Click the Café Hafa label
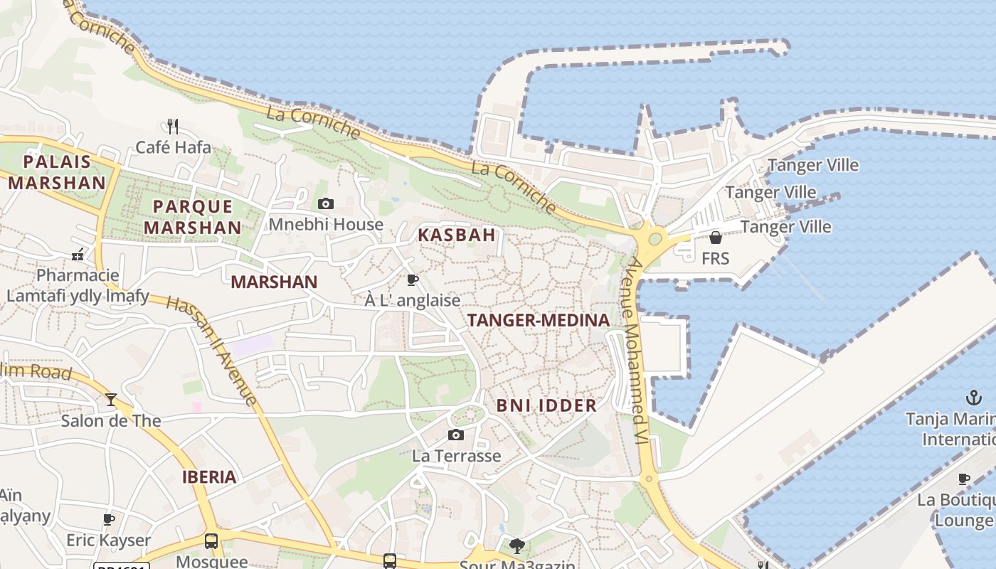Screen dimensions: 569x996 pyautogui.click(x=173, y=147)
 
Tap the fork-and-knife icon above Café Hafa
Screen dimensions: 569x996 pyautogui.click(x=173, y=127)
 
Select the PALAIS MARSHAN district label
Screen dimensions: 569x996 pyautogui.click(x=57, y=172)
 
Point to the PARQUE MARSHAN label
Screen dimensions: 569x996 pyautogui.click(x=193, y=217)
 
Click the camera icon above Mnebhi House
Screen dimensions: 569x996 pyautogui.click(x=326, y=204)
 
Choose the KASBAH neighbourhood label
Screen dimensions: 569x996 pyautogui.click(x=456, y=235)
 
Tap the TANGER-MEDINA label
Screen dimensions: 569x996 pyautogui.click(x=539, y=320)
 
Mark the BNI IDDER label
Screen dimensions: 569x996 pyautogui.click(x=546, y=405)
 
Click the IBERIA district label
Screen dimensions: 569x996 pyautogui.click(x=209, y=477)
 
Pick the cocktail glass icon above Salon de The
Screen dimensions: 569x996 pyautogui.click(x=111, y=400)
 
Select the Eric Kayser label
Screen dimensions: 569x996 pyautogui.click(x=109, y=541)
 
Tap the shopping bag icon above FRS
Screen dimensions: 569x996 pyautogui.click(x=716, y=238)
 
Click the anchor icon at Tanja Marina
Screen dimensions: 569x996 pyautogui.click(x=973, y=397)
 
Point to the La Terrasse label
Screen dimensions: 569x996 pyautogui.click(x=457, y=456)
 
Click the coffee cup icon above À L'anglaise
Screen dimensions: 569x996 pyautogui.click(x=412, y=280)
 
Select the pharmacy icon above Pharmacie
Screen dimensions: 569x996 pyautogui.click(x=78, y=254)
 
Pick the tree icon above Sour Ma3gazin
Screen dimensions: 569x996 pyautogui.click(x=517, y=546)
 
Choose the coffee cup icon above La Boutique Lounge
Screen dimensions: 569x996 pyautogui.click(x=964, y=479)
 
